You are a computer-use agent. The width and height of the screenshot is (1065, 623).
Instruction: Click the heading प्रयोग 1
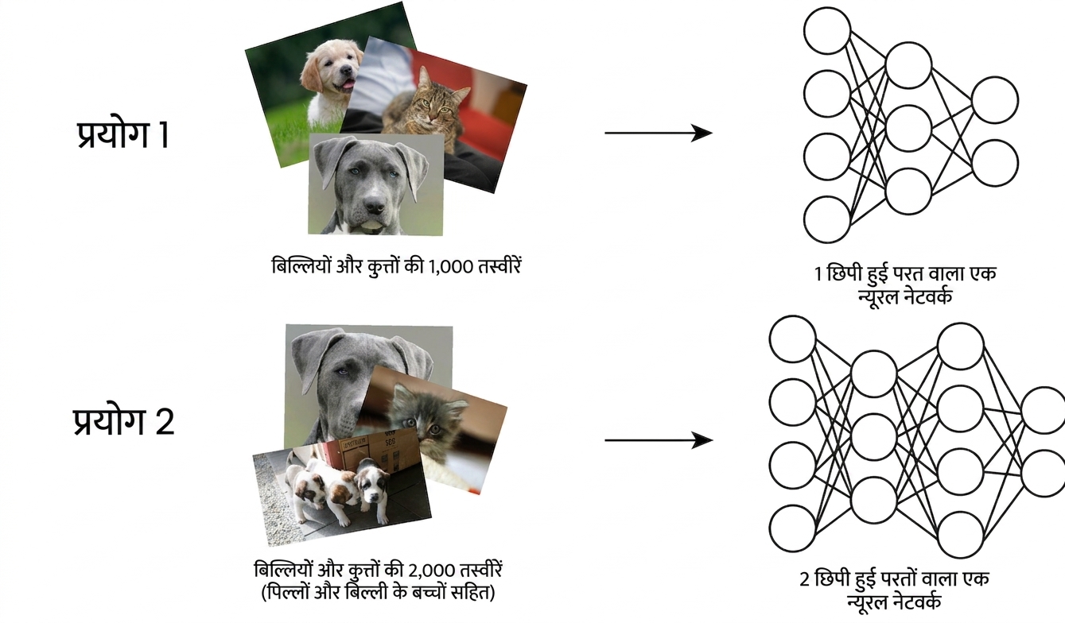click(122, 135)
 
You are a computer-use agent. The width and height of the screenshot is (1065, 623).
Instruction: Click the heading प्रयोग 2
click(123, 422)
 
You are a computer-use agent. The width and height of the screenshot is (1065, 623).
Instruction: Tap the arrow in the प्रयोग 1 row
click(659, 133)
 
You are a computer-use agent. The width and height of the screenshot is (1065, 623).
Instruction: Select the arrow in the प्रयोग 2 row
click(659, 440)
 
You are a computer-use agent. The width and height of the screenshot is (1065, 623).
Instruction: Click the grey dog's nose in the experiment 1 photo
click(375, 205)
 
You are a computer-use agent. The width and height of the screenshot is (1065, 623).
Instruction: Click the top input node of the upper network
click(827, 30)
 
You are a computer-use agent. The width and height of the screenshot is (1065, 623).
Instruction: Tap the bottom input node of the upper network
click(827, 220)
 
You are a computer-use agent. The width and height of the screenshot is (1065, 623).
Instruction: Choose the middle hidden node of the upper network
click(908, 128)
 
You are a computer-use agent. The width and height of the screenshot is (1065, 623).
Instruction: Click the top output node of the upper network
click(995, 100)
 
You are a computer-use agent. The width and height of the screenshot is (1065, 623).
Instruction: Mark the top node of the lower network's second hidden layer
click(960, 346)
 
